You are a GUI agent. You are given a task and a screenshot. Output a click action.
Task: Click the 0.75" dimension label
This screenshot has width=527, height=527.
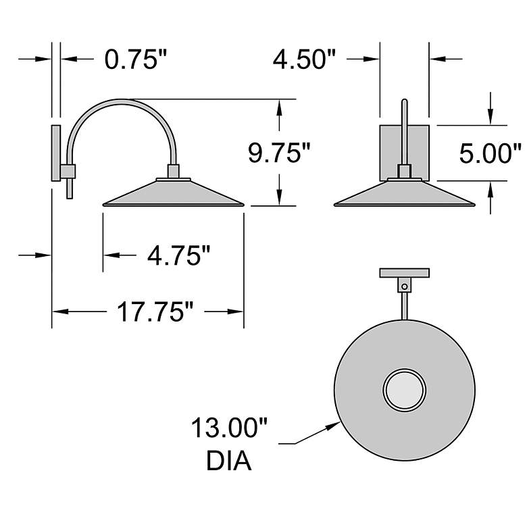(x=135, y=59)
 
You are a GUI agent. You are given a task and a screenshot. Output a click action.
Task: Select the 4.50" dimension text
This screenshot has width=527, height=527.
(x=304, y=59)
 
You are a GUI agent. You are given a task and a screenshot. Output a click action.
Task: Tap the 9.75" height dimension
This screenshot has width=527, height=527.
(x=279, y=153)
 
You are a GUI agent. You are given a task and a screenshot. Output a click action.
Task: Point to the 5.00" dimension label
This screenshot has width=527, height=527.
(x=491, y=153)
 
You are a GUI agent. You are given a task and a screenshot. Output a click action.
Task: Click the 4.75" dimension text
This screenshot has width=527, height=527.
(x=178, y=255)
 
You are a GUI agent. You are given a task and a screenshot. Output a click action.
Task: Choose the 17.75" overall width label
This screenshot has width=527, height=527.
(x=155, y=312)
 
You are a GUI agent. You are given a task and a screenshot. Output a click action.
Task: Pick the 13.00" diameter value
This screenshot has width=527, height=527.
(x=229, y=428)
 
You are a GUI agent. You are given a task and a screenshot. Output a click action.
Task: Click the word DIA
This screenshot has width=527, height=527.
(x=228, y=461)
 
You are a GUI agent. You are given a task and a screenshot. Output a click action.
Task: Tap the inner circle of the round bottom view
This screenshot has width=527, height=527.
(x=404, y=390)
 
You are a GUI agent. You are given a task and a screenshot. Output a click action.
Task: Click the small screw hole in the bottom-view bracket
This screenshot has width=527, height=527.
(x=405, y=286)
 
